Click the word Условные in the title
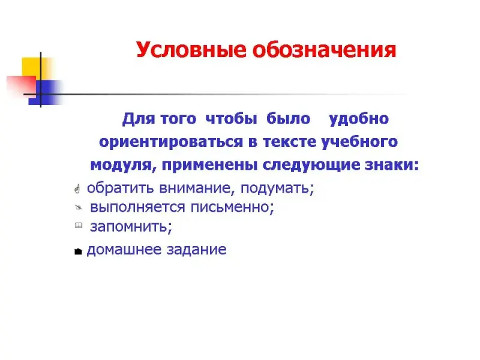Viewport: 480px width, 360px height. point(191,50)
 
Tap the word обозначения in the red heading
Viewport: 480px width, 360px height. point(325,50)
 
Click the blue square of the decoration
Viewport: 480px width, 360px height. point(46,92)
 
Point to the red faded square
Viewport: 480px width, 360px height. point(21,86)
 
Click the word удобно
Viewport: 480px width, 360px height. point(359,119)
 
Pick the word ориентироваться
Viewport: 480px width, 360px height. point(171,142)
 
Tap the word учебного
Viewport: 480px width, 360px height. point(359,142)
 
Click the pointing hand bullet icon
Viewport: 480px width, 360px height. point(77,189)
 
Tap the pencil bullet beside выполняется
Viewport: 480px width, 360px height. point(79,208)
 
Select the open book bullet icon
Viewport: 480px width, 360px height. point(79,226)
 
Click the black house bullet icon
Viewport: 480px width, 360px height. point(78,251)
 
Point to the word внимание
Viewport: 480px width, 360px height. point(197,188)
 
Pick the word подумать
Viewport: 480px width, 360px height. point(277,188)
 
